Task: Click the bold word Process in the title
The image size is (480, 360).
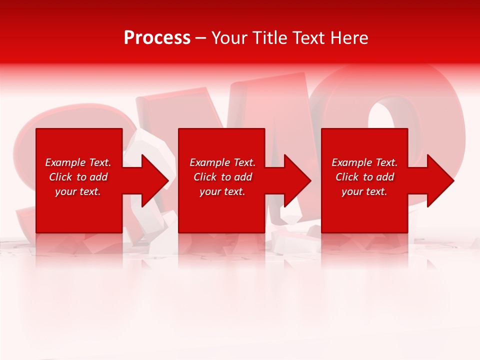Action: click(x=157, y=37)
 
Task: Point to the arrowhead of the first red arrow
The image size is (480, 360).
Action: click(x=155, y=180)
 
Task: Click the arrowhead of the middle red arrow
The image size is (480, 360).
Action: click(x=298, y=180)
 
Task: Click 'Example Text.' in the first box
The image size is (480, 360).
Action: click(x=78, y=162)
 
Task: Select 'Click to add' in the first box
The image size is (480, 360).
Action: click(x=78, y=177)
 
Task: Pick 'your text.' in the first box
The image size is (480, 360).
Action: click(x=78, y=191)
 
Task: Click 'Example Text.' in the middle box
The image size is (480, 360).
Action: click(x=222, y=162)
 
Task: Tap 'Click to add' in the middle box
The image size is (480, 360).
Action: click(x=222, y=177)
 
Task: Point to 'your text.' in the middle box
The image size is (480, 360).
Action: click(x=222, y=191)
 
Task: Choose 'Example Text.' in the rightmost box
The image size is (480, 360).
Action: click(x=364, y=162)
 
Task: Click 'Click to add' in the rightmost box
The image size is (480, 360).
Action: click(x=364, y=177)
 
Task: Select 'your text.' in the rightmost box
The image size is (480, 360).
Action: click(x=364, y=191)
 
